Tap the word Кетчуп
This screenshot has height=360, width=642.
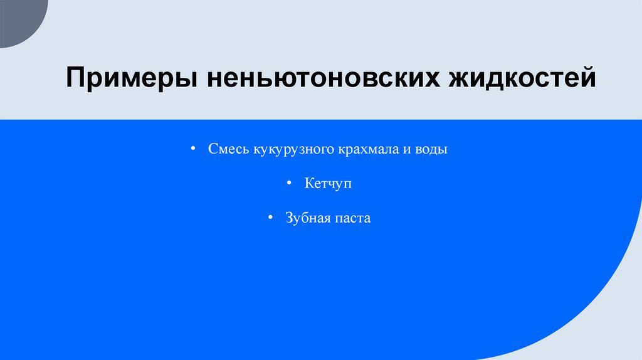point(329,184)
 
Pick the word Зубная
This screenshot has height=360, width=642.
point(306,218)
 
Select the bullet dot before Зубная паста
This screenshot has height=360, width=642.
point(270,218)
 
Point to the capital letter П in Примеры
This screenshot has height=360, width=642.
point(76,80)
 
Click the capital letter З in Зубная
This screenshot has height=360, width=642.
point(289,218)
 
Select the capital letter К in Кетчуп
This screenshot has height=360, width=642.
point(308,184)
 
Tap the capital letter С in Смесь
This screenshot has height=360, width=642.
point(213,151)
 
